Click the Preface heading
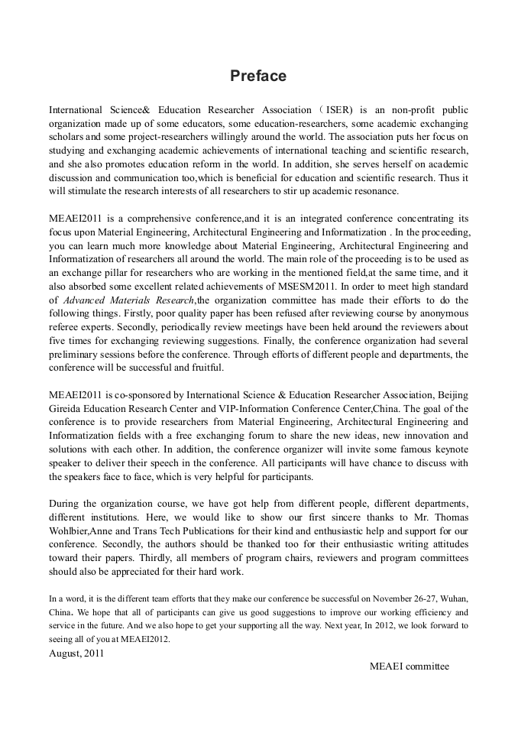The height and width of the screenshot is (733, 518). click(258, 76)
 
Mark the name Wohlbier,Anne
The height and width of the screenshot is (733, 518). click(83, 530)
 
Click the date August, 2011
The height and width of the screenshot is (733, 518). click(76, 653)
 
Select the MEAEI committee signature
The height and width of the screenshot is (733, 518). click(410, 666)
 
